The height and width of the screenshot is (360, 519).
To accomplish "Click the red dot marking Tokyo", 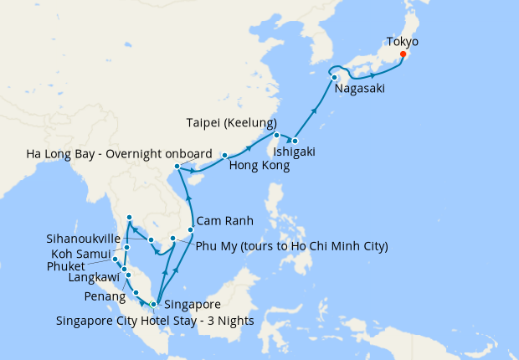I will tap(403, 54).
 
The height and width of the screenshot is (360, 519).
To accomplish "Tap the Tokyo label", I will tap(403, 41).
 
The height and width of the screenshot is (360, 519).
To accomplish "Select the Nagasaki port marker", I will tap(334, 78).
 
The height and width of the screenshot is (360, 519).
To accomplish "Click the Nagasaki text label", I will tap(360, 89).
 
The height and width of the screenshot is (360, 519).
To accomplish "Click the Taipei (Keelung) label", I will tap(231, 124).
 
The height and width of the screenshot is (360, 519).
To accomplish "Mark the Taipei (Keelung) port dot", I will tap(276, 135).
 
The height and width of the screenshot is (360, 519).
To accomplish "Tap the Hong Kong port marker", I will tap(224, 156).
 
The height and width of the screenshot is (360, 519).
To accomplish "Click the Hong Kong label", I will tap(259, 166).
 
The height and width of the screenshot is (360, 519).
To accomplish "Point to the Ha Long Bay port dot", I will tap(176, 167).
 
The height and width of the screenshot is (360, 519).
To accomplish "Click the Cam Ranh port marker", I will tap(191, 229).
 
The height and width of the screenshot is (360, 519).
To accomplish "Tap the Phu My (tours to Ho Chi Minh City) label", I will tap(290, 246).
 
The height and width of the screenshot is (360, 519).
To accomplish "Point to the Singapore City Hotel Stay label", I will tap(154, 320).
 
